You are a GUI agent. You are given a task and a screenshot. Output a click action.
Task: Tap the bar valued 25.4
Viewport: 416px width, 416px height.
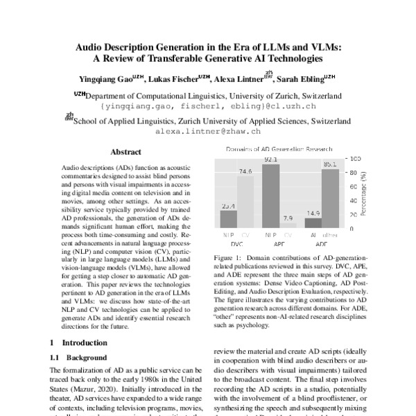(229, 219)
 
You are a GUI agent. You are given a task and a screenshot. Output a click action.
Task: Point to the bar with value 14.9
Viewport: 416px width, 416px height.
(313, 223)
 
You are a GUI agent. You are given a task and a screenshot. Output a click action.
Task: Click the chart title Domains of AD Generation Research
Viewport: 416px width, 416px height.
(279, 150)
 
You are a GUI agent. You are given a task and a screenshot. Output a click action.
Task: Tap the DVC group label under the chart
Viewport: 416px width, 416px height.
(237, 245)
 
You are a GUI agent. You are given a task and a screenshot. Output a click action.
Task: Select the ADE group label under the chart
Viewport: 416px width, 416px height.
(322, 245)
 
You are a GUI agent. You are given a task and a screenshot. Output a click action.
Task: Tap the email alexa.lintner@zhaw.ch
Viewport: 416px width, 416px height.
(207, 130)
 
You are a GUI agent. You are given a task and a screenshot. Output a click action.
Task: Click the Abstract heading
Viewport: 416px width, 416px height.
(125, 152)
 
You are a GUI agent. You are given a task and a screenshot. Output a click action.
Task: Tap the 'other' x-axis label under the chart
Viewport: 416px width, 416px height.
(331, 236)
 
